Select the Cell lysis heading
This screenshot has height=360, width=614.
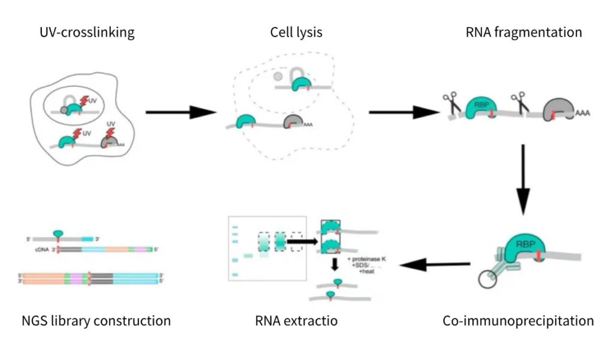click(x=296, y=32)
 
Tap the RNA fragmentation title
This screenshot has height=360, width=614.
click(x=523, y=32)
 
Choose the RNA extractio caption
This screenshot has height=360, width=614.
click(x=296, y=321)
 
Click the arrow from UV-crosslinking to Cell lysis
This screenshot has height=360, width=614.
click(x=180, y=112)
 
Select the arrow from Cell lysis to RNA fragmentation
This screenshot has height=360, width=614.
click(x=403, y=112)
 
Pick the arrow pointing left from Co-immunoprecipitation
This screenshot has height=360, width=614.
click(x=435, y=264)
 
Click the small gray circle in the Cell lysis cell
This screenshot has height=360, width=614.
click(x=278, y=76)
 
